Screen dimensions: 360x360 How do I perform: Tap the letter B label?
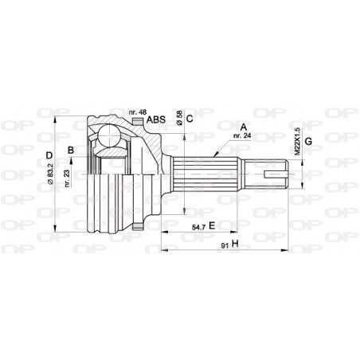pyautogui.click(x=72, y=149)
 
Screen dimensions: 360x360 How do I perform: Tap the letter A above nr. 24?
pyautogui.click(x=242, y=125)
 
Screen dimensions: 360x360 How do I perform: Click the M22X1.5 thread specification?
pyautogui.click(x=296, y=139)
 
